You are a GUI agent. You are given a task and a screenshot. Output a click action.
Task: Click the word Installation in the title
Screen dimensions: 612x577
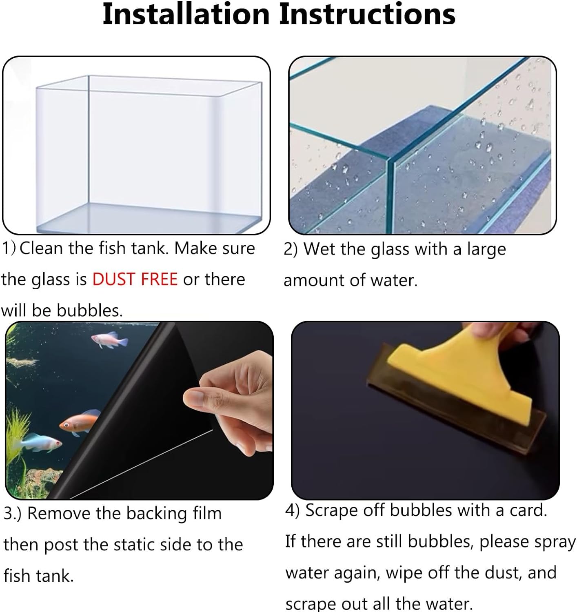tap(186, 14)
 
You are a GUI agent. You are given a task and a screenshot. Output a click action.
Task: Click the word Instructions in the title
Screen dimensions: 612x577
tap(367, 14)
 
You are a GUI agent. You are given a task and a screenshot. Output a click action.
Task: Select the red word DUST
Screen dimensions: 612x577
tap(114, 279)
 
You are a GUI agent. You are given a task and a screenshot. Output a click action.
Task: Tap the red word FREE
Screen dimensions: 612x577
tap(159, 279)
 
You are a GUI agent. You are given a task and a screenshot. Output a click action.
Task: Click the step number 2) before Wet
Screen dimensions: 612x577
tap(291, 249)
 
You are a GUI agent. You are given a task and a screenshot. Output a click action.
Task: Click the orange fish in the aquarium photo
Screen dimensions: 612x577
tap(79, 425)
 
